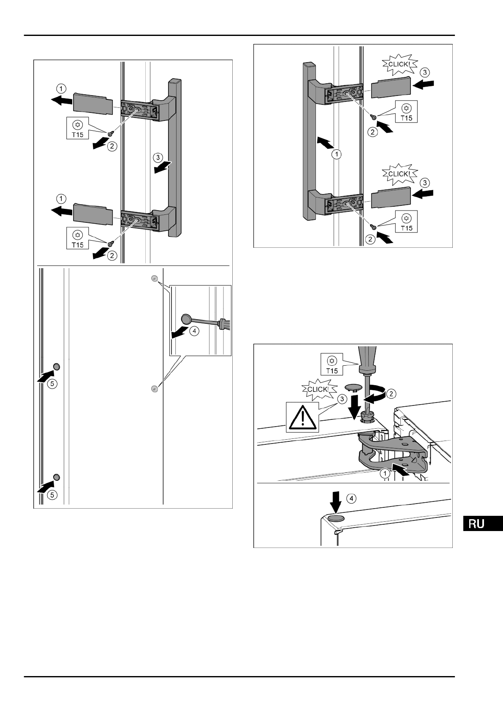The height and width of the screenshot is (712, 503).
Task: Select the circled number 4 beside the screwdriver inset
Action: [194, 331]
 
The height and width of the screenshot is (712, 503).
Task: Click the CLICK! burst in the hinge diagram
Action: [317, 389]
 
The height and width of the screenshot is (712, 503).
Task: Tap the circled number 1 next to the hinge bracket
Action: [385, 474]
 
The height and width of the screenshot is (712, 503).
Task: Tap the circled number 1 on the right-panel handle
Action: [336, 154]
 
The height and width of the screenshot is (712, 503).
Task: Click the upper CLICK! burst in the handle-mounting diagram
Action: [399, 64]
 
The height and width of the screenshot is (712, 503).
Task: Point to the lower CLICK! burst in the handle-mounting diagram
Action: [399, 174]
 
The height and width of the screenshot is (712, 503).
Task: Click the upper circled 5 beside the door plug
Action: [51, 383]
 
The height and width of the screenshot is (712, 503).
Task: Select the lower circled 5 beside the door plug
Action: [51, 494]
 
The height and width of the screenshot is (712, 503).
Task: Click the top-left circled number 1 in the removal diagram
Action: [61, 89]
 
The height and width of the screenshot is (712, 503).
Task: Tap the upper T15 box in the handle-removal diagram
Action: [78, 129]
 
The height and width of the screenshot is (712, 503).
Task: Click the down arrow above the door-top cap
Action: [336, 503]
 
